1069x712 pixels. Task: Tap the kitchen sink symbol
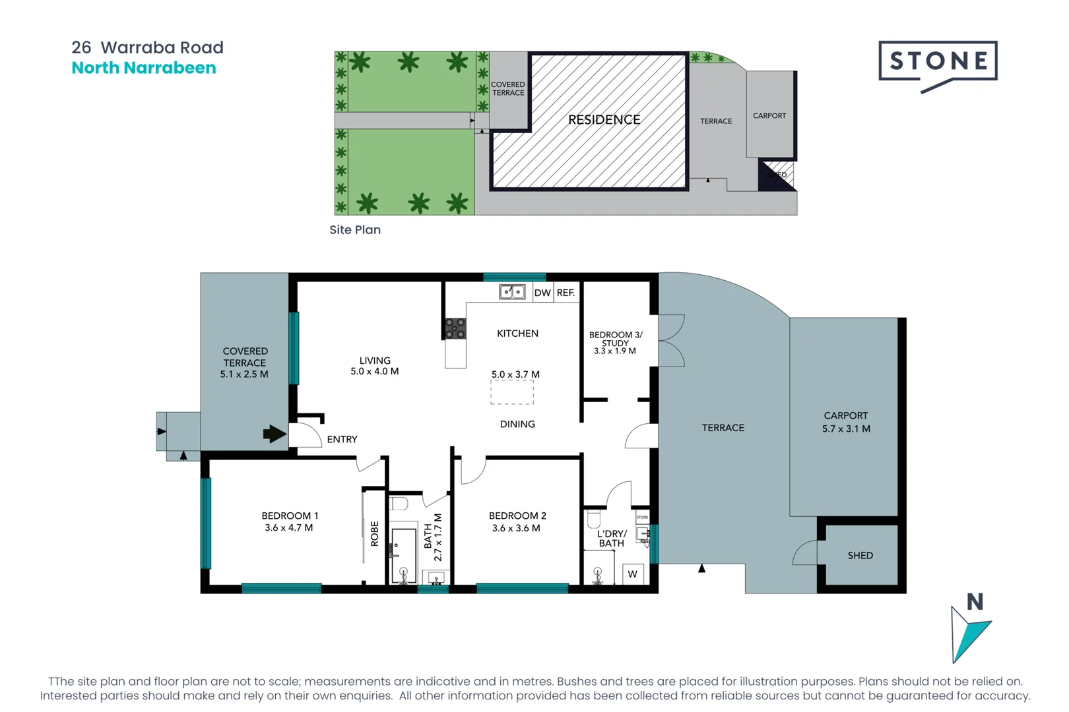(512, 291)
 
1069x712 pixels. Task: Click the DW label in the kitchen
(542, 293)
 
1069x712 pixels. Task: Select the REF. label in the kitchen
(566, 293)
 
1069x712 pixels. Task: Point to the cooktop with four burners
(455, 328)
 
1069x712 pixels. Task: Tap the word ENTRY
(342, 439)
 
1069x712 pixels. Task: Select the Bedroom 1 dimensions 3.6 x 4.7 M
(289, 527)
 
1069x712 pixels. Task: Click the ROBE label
(375, 533)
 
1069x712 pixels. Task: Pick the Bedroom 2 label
(517, 516)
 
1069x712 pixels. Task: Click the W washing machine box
(632, 574)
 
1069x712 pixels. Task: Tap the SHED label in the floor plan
(860, 556)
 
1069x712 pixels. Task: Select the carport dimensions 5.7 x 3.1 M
(846, 429)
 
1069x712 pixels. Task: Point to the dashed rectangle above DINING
(512, 393)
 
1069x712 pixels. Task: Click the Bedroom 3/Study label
(615, 339)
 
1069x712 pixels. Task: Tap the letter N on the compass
(975, 602)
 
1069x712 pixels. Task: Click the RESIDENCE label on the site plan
(604, 120)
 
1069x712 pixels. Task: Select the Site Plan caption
(355, 230)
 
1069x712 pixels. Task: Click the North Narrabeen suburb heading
(144, 68)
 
